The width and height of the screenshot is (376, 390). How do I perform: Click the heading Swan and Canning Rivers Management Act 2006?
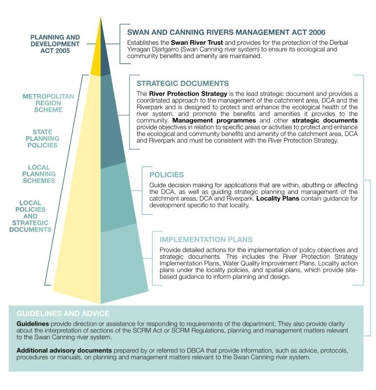click(x=226, y=32)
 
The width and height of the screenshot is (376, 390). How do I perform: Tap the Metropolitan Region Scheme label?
click(x=48, y=103)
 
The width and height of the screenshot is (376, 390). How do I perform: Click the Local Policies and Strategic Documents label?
click(x=30, y=216)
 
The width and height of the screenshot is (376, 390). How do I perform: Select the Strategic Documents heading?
click(x=182, y=83)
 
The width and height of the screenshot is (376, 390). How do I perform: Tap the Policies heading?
click(x=166, y=174)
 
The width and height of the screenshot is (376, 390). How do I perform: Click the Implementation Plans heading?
click(x=206, y=239)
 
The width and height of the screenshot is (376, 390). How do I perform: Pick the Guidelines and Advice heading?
click(x=63, y=313)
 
